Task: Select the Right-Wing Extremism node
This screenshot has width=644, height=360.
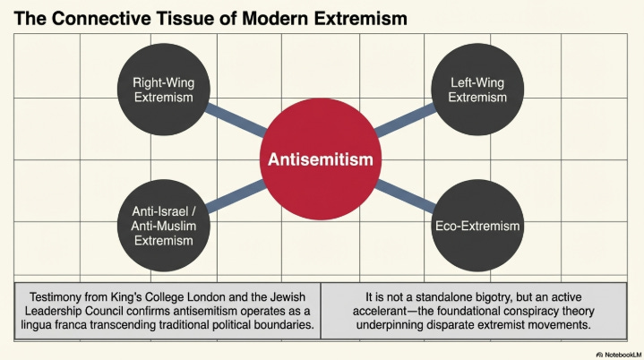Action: pos(163,90)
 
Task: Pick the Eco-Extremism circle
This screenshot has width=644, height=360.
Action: pos(477,226)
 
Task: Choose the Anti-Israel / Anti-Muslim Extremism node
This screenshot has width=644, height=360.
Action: pos(163,224)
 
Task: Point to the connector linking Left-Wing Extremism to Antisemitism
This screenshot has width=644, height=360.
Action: pos(406,121)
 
